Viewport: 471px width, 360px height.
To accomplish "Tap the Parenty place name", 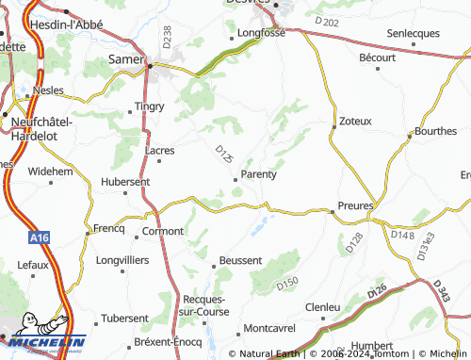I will coord(258,173).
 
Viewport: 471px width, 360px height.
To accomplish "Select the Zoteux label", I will coord(355,122).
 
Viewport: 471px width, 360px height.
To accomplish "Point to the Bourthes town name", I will coord(436,131).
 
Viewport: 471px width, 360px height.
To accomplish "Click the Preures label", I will coord(356,205).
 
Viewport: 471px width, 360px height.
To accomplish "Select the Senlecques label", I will coord(414,33).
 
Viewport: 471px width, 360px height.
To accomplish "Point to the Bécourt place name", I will coord(378,57).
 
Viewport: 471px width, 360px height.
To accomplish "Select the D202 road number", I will coord(329,21).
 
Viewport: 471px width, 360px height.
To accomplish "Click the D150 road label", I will coord(288,283).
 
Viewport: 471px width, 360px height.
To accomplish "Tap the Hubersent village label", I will coord(125,181).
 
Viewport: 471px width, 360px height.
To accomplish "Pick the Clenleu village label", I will coord(323,307).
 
